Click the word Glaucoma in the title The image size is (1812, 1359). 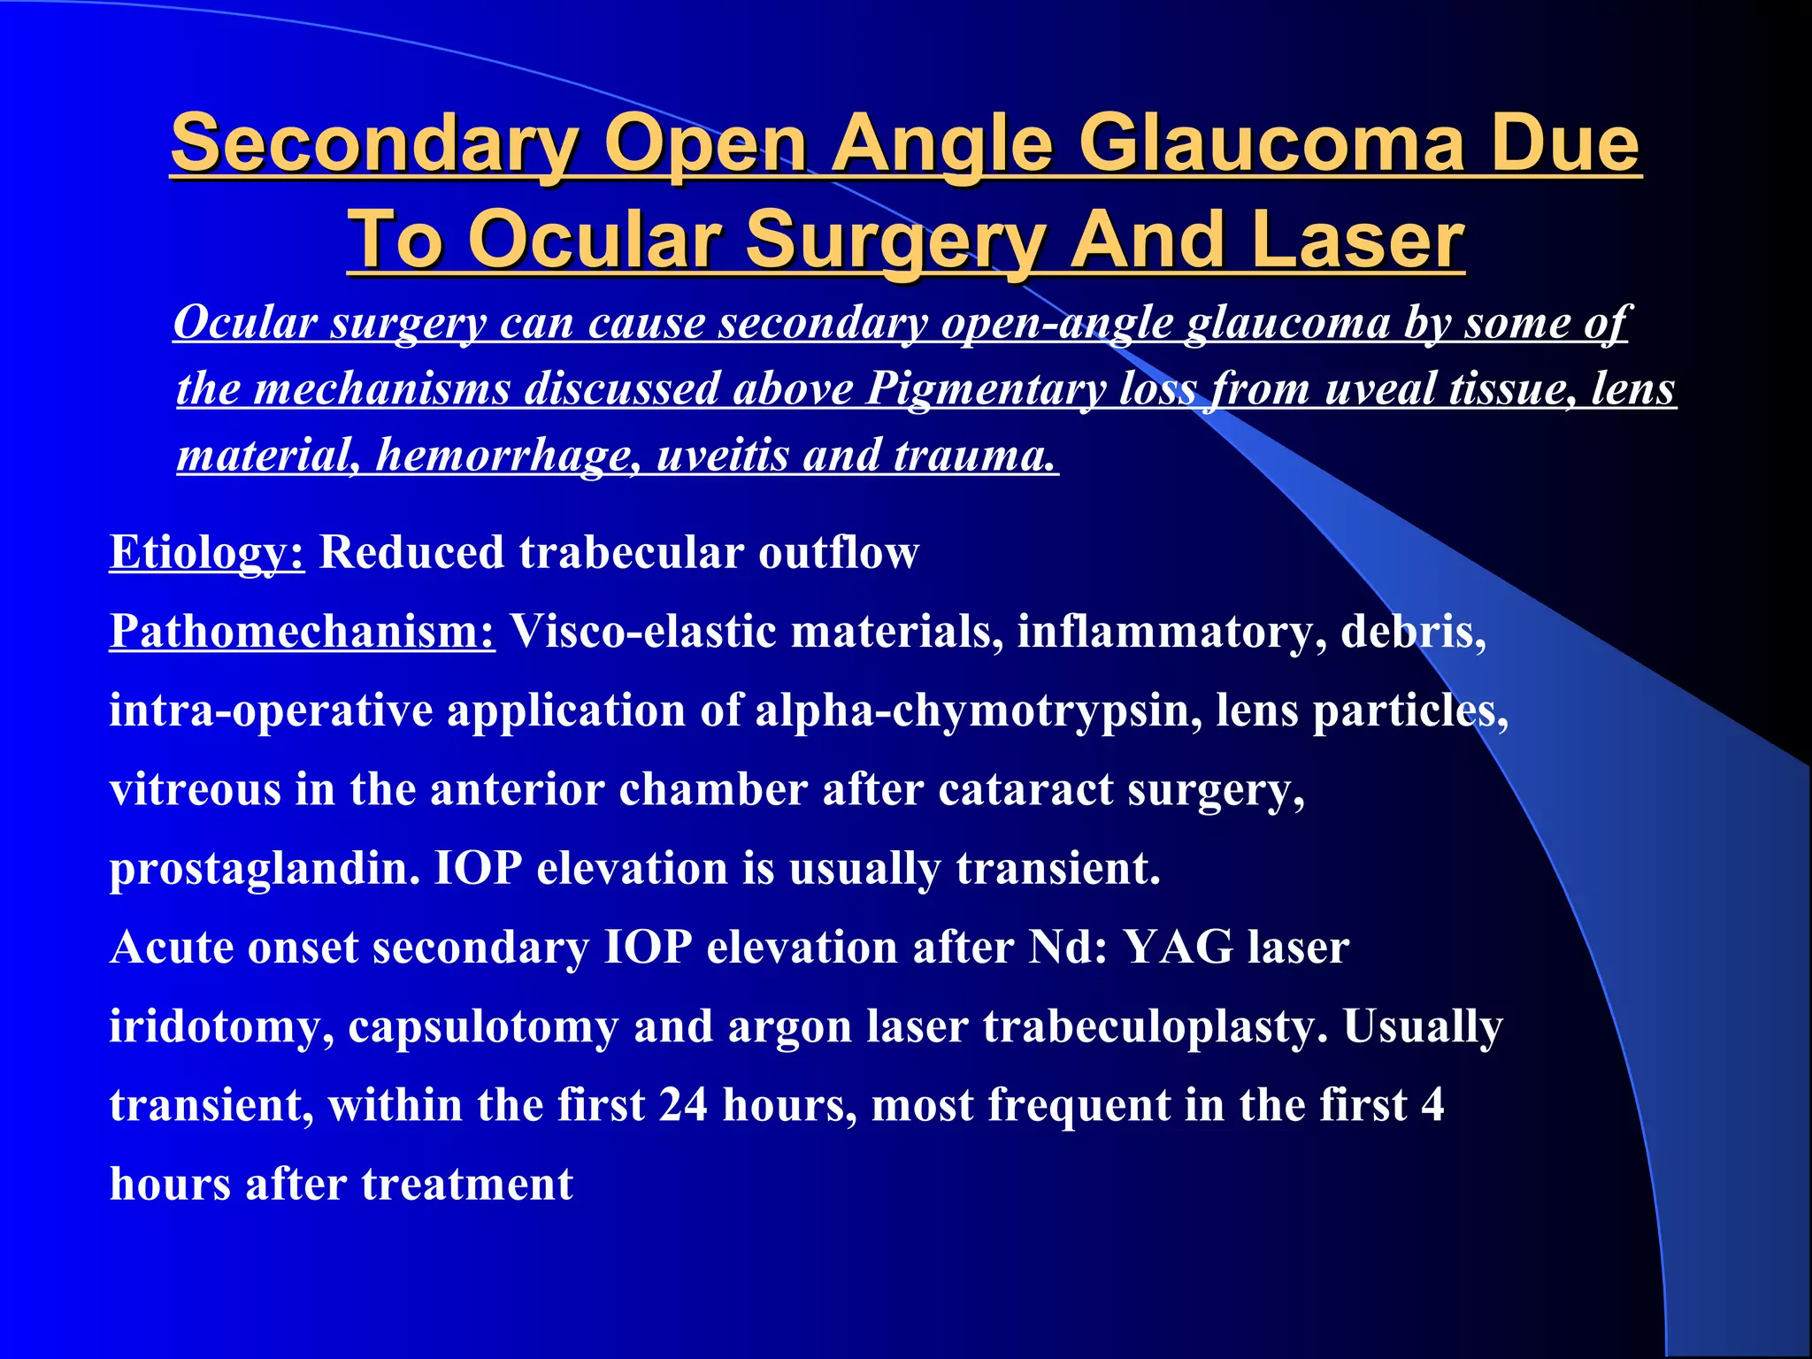(1271, 144)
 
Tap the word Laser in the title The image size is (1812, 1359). (1358, 240)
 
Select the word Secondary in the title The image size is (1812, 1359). (374, 144)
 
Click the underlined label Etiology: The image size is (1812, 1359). (207, 553)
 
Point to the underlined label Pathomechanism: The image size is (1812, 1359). (302, 632)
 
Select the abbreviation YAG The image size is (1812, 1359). (1178, 948)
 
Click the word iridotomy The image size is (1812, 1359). (221, 1027)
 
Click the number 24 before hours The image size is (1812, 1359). (682, 1106)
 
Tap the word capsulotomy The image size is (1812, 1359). (483, 1027)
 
